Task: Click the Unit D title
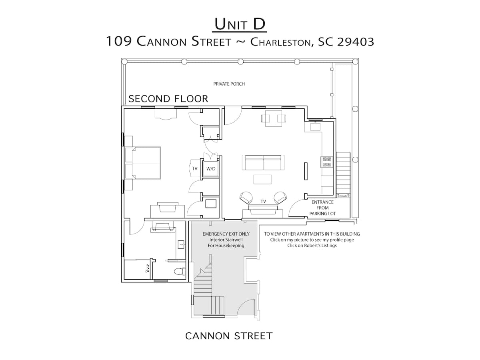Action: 240,24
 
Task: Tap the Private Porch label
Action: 229,84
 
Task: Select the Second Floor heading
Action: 168,99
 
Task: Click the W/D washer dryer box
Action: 211,168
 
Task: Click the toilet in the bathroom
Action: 180,272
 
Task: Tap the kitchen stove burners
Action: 327,162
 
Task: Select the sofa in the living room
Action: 263,162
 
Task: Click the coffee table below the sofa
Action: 263,179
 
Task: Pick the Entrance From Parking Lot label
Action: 322,208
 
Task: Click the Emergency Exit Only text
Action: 226,234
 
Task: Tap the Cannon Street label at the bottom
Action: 229,336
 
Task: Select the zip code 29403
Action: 355,42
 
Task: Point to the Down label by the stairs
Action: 343,196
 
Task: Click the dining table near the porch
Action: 273,118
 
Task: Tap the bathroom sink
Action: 181,244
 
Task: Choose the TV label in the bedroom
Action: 195,168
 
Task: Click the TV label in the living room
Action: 263,201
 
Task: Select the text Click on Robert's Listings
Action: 312,246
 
